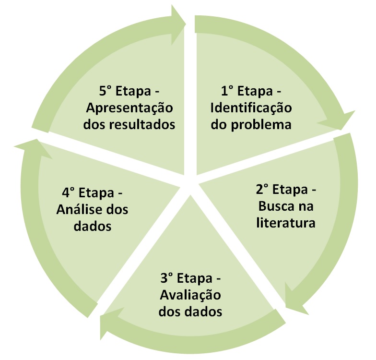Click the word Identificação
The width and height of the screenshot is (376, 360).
(250, 108)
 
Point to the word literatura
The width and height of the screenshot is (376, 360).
(286, 223)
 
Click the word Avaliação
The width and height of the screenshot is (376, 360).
(191, 295)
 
